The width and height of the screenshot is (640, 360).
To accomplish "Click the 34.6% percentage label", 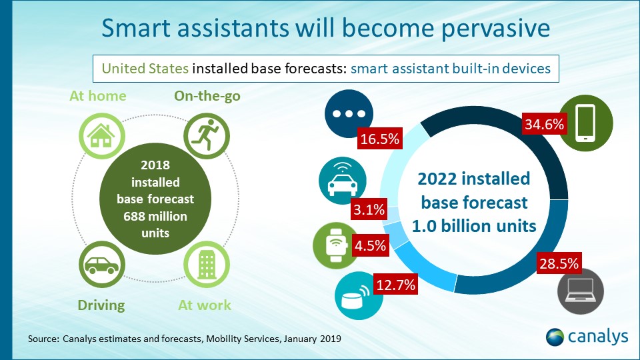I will point(544,125).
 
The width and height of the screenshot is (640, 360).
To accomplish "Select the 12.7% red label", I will point(395,285).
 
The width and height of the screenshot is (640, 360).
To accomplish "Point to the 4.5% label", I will point(369,245).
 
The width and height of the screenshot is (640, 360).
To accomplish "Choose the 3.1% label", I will point(369,210).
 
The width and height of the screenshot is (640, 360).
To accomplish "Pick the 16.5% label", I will point(379,140).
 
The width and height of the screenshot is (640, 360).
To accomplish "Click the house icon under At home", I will point(102,136).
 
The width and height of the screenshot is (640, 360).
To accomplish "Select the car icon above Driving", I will point(102,265).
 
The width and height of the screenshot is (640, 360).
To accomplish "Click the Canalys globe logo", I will point(555,337).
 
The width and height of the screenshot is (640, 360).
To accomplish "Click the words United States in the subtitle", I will point(145,68).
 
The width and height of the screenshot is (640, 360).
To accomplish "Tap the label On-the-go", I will point(207,96).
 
